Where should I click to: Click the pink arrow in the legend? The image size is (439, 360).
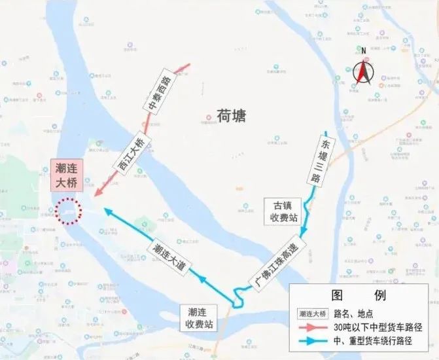tap(313, 327)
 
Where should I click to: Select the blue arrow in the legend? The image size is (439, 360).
tap(313, 341)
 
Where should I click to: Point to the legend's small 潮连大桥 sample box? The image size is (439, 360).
tap(313, 312)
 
